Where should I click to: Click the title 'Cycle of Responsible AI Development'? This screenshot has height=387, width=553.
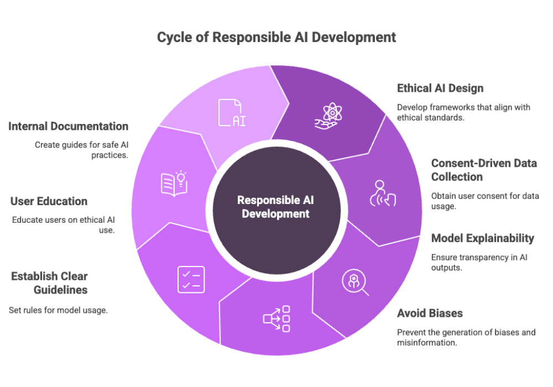click(x=276, y=38)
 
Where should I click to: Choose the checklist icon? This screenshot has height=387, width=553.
click(x=191, y=279)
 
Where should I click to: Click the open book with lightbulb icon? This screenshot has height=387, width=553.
click(x=174, y=183)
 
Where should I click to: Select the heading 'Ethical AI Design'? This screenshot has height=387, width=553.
click(x=440, y=88)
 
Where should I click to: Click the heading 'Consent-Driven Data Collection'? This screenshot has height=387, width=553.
click(x=483, y=170)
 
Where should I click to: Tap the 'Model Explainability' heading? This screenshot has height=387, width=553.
click(x=483, y=238)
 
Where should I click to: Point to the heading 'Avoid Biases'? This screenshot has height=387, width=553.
click(x=430, y=313)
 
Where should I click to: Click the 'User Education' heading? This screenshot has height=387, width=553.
click(x=49, y=201)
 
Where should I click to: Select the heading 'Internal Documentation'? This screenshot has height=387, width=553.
click(x=69, y=127)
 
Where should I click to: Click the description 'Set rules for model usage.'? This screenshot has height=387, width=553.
click(x=58, y=310)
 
